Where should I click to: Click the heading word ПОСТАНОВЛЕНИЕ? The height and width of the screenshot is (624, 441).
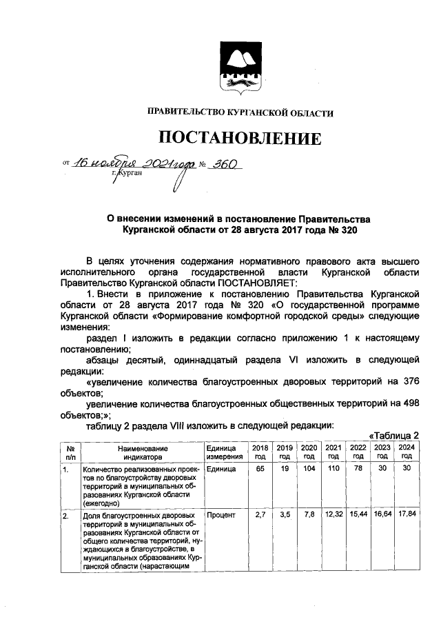241,139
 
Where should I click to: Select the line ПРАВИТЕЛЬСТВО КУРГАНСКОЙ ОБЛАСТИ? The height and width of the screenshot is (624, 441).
240,112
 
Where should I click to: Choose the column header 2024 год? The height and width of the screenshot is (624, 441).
407,452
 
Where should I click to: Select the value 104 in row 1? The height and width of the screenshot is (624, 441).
308,469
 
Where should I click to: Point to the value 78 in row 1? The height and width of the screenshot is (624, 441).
358,469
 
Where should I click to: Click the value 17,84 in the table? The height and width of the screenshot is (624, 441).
407,515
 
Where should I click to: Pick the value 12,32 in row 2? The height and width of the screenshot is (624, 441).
334,515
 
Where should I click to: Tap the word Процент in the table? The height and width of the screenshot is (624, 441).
222,515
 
